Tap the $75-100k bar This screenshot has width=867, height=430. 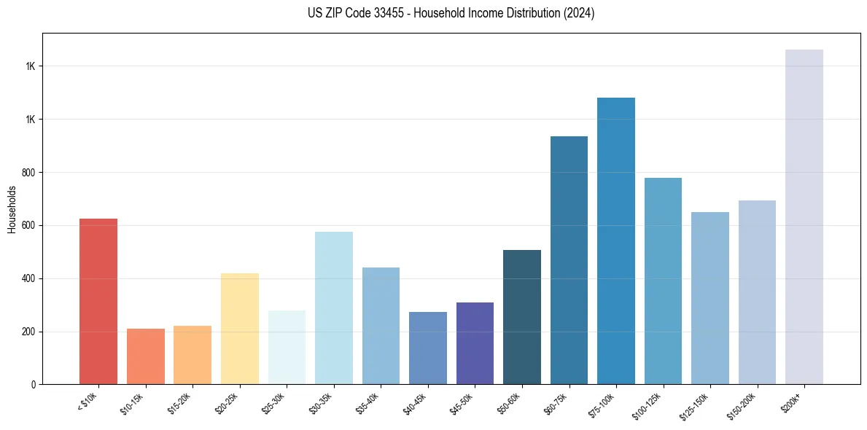(615, 241)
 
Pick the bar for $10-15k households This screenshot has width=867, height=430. (145, 356)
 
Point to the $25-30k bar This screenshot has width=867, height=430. (287, 347)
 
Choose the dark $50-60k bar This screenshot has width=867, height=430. (521, 317)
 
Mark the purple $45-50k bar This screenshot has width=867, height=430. (475, 343)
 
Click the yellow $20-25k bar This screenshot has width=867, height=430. (239, 329)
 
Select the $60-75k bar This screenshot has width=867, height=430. (569, 260)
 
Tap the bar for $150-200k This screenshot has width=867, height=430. (757, 292)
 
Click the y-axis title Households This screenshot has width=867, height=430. (12, 209)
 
